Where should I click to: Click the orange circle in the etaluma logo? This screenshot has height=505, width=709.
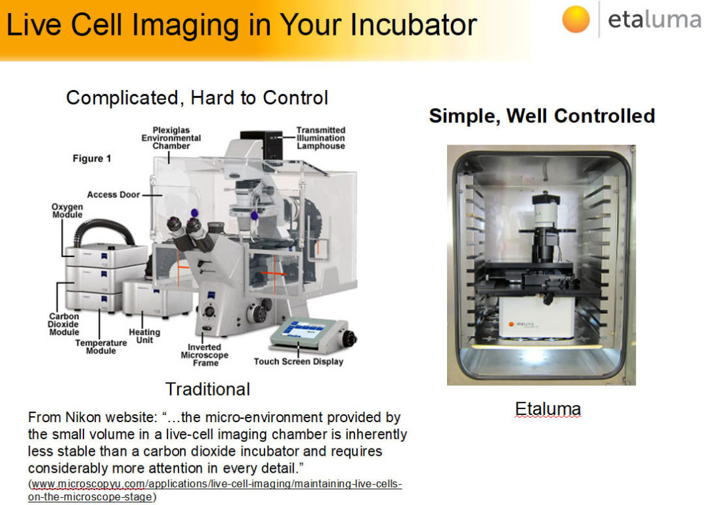[x=576, y=19]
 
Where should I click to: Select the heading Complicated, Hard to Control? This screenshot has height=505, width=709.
[x=197, y=98]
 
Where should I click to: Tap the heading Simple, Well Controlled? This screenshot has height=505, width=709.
[x=542, y=116]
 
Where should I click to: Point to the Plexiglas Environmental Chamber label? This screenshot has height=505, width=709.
[x=171, y=138]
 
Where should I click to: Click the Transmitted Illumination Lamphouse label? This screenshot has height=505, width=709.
[x=320, y=138]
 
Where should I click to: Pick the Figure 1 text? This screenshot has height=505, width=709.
[x=92, y=158]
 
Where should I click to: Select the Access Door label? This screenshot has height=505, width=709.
[x=113, y=195]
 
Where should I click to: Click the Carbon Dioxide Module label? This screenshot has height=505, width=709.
[x=64, y=324]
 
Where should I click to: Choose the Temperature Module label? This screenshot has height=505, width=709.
[x=100, y=347]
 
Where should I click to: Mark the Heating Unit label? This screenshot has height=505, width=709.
[x=144, y=336]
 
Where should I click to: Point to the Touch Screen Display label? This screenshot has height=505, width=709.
[x=299, y=362]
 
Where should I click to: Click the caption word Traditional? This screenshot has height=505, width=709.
[x=207, y=389]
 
